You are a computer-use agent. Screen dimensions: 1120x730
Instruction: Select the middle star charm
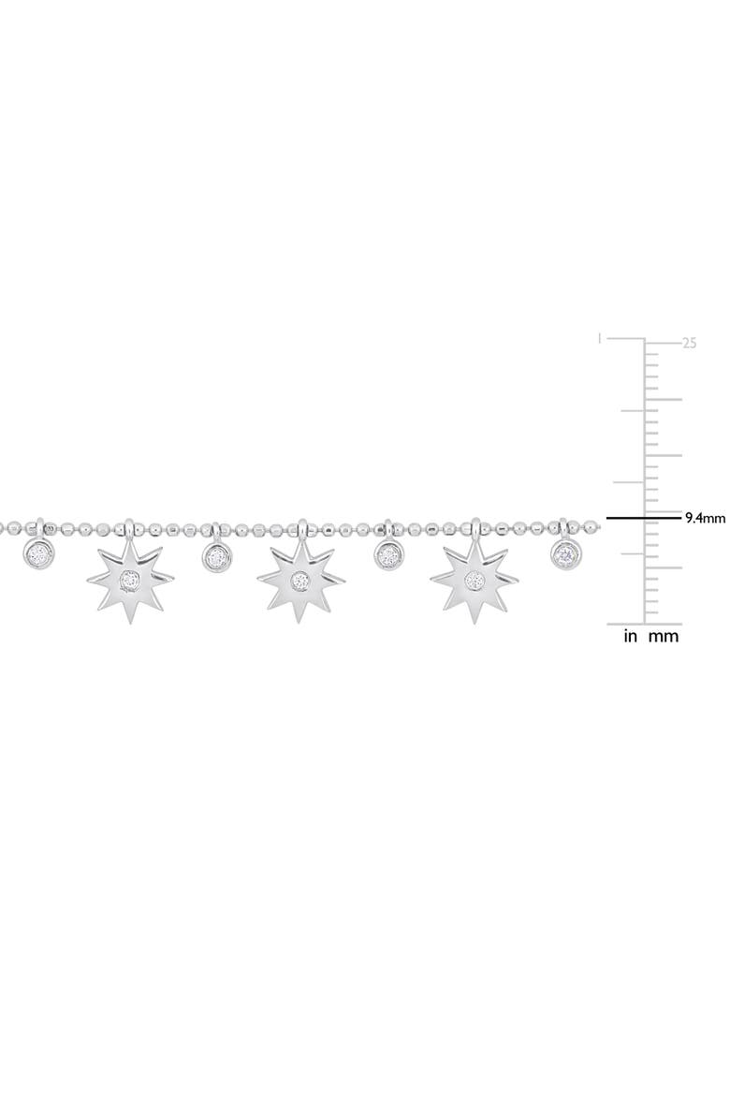300,582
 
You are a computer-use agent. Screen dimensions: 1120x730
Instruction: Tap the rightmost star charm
474,582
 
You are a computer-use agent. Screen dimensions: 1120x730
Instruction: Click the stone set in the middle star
300,581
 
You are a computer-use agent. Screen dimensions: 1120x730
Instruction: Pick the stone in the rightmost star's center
474,581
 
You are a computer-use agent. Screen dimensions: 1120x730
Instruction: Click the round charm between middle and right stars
388,556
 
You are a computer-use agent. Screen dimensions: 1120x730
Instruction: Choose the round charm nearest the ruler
565,553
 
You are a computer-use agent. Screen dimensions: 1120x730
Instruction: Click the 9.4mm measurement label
705,516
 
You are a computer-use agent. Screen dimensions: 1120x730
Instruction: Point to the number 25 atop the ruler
690,344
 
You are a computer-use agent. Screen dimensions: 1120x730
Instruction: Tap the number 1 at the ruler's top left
600,339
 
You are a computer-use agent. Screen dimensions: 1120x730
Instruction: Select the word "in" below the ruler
631,637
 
